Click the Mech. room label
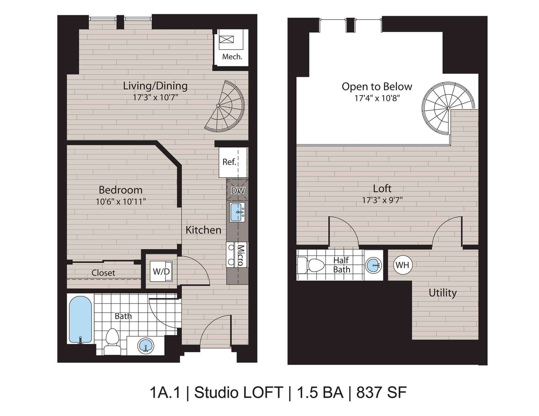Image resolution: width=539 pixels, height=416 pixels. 232,57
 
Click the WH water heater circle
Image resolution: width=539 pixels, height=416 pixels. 402,265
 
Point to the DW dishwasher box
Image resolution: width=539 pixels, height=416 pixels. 238,190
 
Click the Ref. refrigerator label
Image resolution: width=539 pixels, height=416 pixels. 229,162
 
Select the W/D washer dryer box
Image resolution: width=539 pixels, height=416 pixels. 161,271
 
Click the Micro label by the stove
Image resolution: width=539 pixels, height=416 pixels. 241,255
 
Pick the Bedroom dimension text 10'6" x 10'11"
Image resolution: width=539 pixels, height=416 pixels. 121,201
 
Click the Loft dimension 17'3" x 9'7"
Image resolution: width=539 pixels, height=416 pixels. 382,200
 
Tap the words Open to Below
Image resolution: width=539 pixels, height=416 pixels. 377,87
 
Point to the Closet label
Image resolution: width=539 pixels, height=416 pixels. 103,273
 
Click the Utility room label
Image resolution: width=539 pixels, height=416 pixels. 442,293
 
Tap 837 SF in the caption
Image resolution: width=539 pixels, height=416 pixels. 381,392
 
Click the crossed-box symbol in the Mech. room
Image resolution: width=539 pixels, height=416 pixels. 226,40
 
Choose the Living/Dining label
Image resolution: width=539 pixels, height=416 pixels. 155,86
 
